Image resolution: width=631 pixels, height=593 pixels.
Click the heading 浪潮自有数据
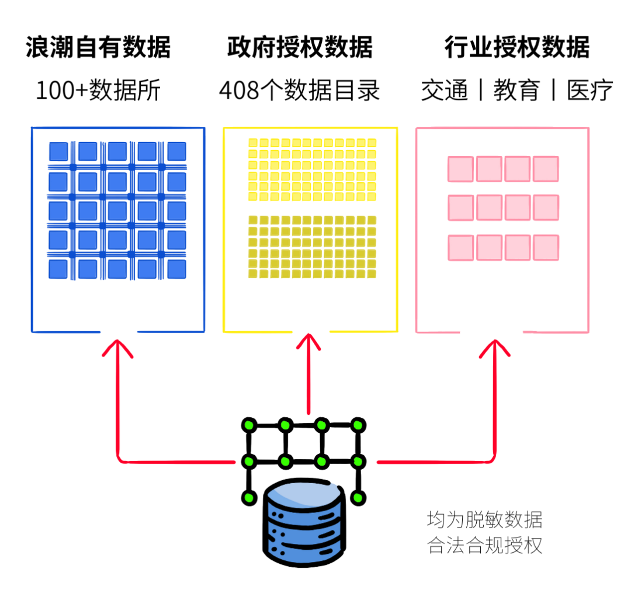tap(98, 47)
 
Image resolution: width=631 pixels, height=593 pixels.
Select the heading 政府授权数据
tap(300, 47)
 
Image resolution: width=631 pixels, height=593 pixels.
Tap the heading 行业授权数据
tap(517, 47)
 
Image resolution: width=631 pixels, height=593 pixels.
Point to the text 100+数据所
tap(98, 91)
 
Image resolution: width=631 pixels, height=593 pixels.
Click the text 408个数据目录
tap(300, 91)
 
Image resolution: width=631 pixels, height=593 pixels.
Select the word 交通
tap(445, 91)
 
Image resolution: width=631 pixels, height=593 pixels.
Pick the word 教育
tap(516, 91)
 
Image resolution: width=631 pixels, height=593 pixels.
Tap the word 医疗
tap(590, 91)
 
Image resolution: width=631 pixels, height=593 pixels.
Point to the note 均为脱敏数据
tap(484, 519)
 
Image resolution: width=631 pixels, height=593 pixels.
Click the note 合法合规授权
tap(484, 546)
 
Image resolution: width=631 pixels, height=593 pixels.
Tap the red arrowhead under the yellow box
tap(308, 343)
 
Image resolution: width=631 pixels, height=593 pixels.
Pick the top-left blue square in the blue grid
tap(58, 151)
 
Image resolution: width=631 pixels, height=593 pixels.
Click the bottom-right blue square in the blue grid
tap(176, 269)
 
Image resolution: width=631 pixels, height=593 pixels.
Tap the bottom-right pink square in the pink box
tap(546, 248)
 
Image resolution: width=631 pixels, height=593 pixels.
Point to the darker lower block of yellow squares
tap(311, 247)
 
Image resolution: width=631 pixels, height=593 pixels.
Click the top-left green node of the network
tap(250, 425)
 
